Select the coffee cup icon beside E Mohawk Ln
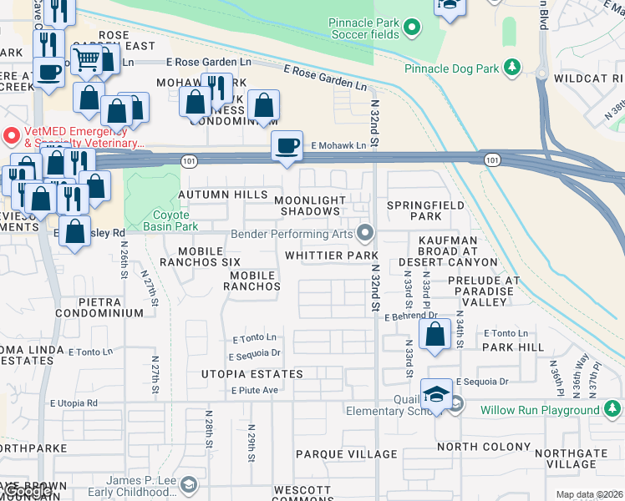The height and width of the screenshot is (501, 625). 287,145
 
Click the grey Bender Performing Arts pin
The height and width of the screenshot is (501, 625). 363,232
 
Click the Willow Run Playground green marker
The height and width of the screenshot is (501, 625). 612,409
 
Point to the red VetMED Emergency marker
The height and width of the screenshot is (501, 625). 11,134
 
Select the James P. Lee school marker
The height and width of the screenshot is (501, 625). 190,484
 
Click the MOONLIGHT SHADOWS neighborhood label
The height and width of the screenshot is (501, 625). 311,205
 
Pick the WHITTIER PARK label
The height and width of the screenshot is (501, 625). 332,255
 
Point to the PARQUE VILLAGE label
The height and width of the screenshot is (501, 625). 346,454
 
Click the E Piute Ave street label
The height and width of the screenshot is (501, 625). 255,390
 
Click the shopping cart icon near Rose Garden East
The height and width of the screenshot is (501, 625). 86,59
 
